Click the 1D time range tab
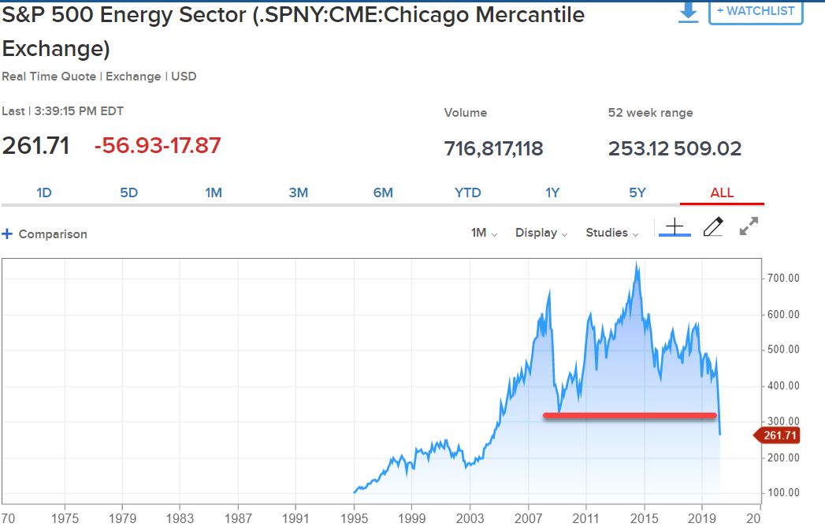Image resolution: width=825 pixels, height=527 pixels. coord(44,192)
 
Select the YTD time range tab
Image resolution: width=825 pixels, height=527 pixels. coord(468,192)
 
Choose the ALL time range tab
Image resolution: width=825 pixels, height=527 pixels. coord(722,192)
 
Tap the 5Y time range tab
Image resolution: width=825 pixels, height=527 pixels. coord(637,192)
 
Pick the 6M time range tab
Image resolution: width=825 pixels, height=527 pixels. coord(383,192)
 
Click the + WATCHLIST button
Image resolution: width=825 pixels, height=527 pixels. coord(756,11)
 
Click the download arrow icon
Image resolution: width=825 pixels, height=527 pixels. coord(689,12)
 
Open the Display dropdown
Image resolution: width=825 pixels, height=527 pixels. coord(541,233)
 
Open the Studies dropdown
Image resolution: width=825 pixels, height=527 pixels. coord(612,233)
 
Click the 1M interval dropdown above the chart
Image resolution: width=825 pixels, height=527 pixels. coord(484,233)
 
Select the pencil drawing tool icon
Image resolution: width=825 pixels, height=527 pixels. coord(712,227)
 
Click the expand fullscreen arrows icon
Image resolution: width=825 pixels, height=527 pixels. coord(749,227)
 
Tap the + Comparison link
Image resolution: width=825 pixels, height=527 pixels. coord(45,234)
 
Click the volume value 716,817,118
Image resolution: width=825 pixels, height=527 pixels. coord(493,148)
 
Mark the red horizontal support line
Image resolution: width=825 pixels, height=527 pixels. coord(630,415)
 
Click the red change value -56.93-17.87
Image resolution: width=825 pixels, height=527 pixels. coord(158,146)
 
